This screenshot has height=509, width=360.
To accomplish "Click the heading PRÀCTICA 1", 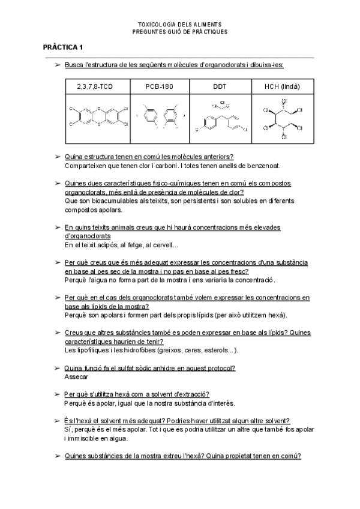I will click(63, 47).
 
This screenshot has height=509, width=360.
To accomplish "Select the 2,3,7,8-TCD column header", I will click(95, 86).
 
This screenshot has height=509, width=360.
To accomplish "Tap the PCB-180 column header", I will click(159, 86).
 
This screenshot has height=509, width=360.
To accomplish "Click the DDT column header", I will click(220, 86).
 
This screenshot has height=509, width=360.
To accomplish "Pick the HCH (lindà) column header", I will click(282, 86).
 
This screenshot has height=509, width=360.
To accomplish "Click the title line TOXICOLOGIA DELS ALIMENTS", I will click(180, 25).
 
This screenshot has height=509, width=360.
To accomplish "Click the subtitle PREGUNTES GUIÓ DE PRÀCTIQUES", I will click(180, 32).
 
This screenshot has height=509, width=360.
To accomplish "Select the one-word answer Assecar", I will click(76, 377).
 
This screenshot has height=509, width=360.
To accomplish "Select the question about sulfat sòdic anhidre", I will click(149, 368).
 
